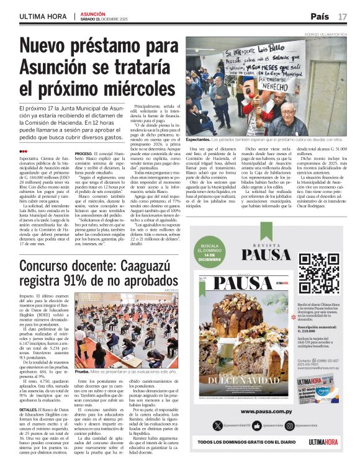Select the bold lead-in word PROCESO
(x=83, y=153)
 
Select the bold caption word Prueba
(x=81, y=371)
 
